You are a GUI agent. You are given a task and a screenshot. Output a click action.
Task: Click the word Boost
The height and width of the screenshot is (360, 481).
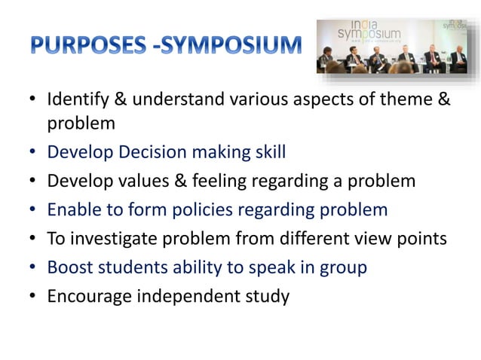[69, 267]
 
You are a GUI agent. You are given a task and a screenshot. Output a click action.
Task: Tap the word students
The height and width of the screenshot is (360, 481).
[133, 267]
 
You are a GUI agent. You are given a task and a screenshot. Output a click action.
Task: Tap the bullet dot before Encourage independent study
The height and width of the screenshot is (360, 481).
[33, 297]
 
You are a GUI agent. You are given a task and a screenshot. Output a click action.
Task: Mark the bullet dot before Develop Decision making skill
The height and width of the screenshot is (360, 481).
[33, 154]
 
